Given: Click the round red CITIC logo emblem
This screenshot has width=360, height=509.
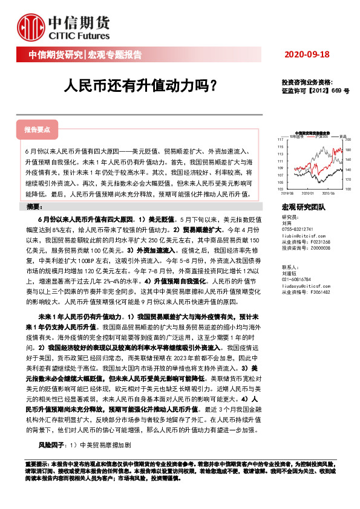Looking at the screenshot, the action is [x=28, y=28].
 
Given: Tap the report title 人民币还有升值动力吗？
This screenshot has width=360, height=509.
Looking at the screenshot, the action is [x=140, y=86].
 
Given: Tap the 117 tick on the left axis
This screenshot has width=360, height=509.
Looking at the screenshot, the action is [x=280, y=140].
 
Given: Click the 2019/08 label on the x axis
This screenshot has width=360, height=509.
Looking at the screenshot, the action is [x=284, y=193].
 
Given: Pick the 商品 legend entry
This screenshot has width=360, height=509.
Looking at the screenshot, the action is [x=342, y=136].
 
